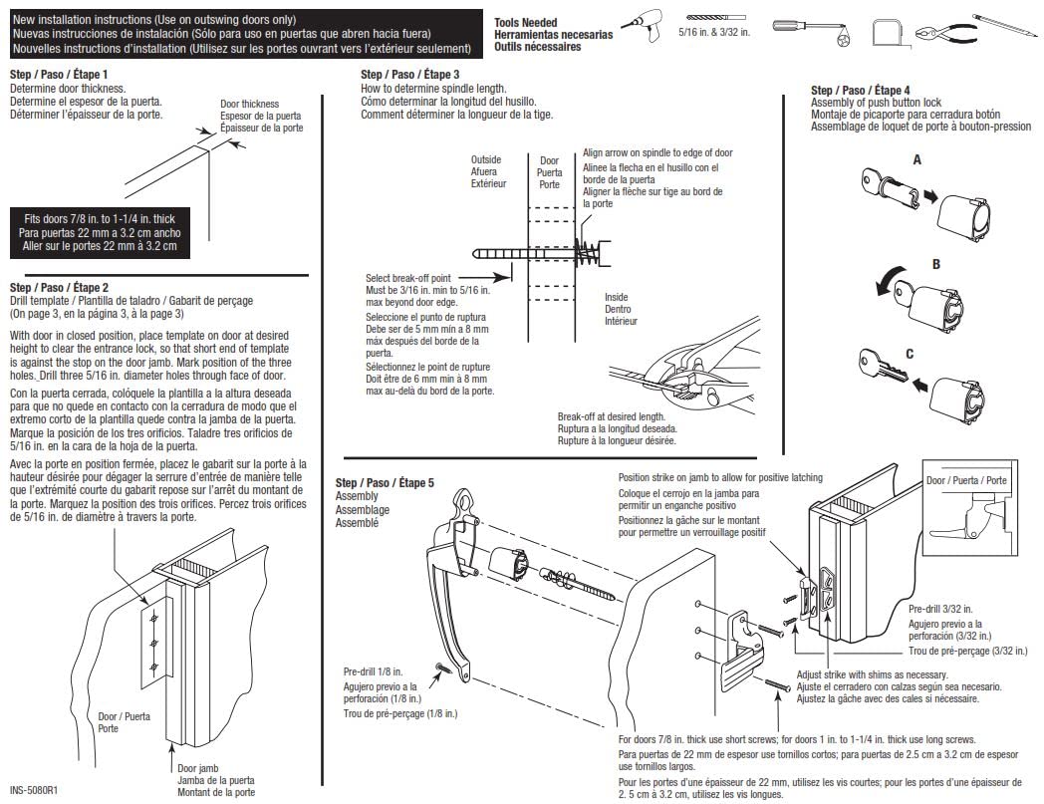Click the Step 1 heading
pyautogui.click(x=59, y=75)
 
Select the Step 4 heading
pyautogui.click(x=861, y=91)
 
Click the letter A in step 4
pyautogui.click(x=916, y=159)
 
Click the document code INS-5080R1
pyautogui.click(x=35, y=791)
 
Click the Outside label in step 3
pyautogui.click(x=487, y=159)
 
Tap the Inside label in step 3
pyautogui.click(x=618, y=297)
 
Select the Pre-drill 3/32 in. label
pyautogui.click(x=940, y=608)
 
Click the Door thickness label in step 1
pyautogui.click(x=249, y=104)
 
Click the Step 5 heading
pyautogui.click(x=385, y=482)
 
